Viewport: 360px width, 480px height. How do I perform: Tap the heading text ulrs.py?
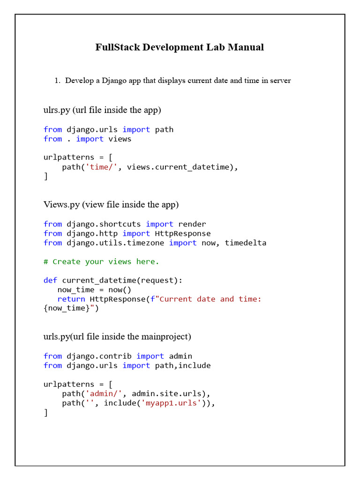point(57,110)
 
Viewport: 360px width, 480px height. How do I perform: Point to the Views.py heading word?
point(57,205)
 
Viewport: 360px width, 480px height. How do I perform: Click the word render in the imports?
point(192,224)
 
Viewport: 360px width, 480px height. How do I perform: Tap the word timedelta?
point(246,243)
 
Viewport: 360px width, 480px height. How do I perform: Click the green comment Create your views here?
point(105,262)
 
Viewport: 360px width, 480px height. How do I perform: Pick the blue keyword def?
point(50,280)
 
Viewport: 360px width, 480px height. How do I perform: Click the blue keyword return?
point(71,299)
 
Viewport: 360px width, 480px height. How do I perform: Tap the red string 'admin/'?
point(104,394)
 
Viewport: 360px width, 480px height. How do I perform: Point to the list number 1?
point(57,81)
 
